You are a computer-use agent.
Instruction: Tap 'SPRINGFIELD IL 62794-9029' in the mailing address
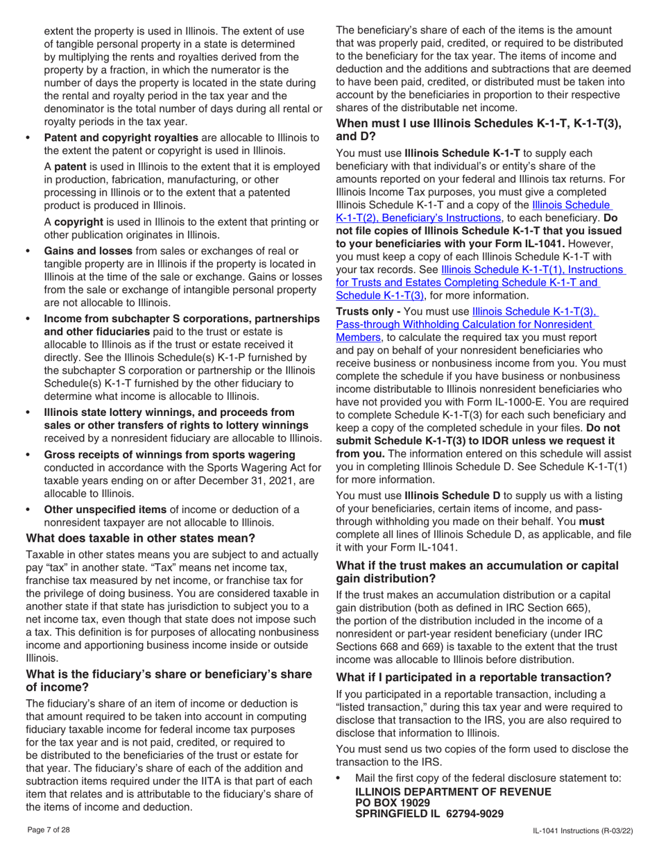click(x=429, y=814)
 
